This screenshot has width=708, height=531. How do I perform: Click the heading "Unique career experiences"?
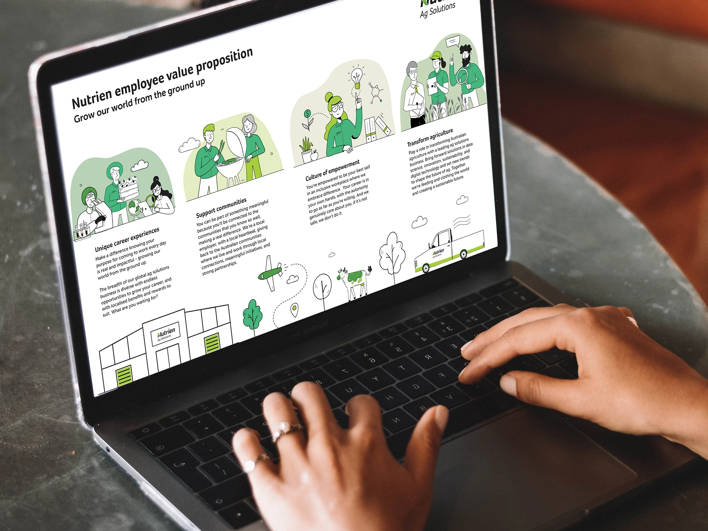127,240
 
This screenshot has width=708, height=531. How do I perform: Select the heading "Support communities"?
221,207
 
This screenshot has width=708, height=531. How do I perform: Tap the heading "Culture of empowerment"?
332,170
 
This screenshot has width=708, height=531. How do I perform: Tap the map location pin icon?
294,310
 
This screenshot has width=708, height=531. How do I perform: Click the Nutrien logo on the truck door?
438,253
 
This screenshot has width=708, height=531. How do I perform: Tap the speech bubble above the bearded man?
453,42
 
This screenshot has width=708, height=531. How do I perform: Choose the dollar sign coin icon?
307,114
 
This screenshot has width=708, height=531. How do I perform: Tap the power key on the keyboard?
145,430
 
